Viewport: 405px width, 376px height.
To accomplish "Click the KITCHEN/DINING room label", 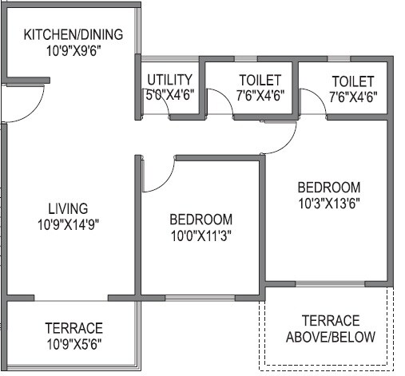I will (73, 34).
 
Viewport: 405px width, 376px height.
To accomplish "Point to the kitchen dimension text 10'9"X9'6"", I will (73, 49).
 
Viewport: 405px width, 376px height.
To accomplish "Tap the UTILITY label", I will (169, 80).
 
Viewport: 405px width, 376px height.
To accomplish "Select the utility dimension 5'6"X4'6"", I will (169, 95).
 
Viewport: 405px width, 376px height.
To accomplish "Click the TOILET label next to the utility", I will (260, 80).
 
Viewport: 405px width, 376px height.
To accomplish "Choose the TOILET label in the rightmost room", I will (352, 81).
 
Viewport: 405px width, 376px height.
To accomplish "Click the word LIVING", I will (67, 208).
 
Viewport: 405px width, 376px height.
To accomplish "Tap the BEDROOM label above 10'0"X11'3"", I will (201, 219).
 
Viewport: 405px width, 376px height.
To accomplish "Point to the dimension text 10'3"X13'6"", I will (328, 202).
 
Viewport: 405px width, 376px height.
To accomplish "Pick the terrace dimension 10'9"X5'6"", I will (73, 343).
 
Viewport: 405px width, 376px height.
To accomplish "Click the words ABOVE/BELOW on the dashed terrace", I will (330, 336).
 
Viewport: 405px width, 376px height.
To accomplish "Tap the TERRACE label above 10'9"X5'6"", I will (73, 328).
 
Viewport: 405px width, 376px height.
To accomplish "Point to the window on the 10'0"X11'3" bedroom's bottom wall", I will (200, 298).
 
